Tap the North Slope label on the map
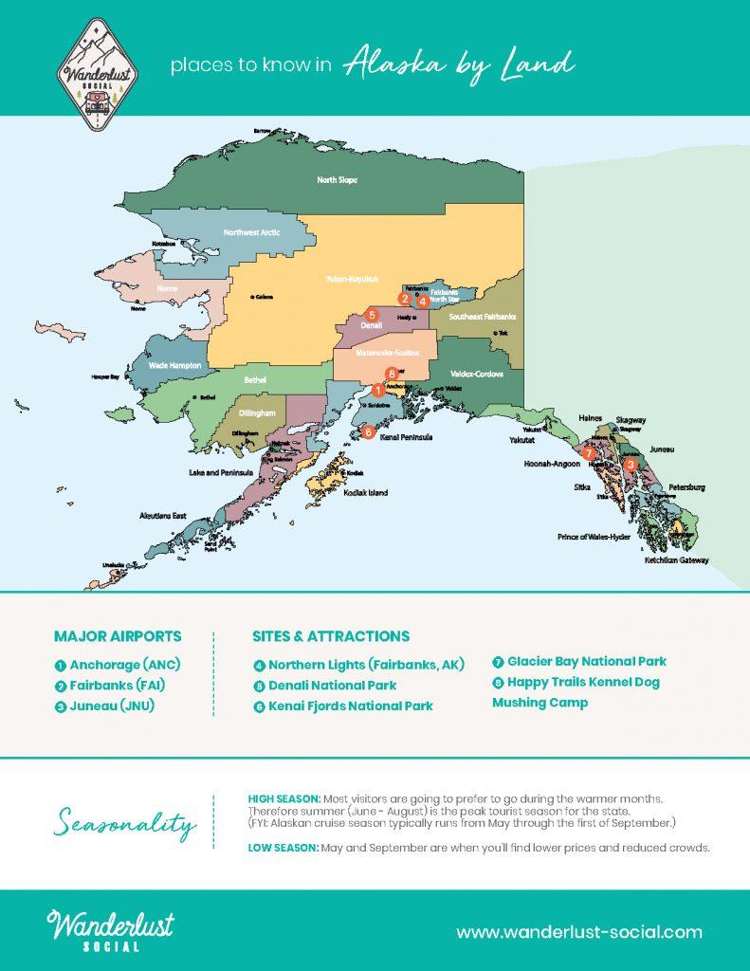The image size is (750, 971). click(337, 179)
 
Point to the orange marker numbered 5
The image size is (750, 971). click(373, 314)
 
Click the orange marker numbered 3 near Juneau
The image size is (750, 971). click(631, 464)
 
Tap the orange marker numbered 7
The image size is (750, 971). click(589, 453)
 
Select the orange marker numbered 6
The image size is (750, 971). click(368, 432)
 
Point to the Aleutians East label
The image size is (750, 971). click(160, 517)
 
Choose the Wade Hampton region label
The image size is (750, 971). click(172, 363)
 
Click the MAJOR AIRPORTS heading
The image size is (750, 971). click(118, 636)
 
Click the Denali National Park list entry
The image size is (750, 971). click(332, 685)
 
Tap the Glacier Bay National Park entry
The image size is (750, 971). click(586, 661)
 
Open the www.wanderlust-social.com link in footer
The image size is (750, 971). click(579, 932)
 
